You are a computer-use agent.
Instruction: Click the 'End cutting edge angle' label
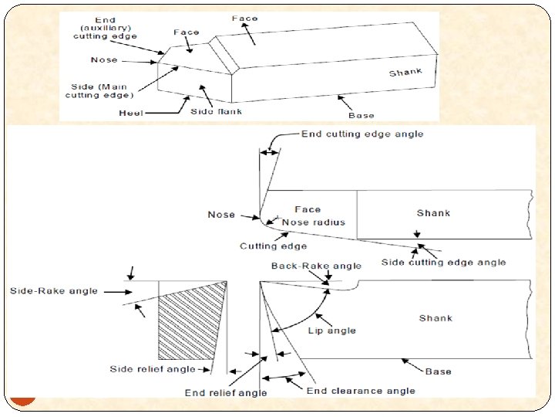[x=362, y=134]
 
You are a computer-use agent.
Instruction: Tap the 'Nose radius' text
[x=314, y=222]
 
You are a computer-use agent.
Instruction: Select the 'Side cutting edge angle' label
[x=444, y=263]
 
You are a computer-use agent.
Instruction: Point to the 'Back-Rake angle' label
[x=316, y=266]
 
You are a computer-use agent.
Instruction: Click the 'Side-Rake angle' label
[x=54, y=291]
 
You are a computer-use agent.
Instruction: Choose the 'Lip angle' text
[x=331, y=331]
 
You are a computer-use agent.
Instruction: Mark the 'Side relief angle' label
[x=153, y=369]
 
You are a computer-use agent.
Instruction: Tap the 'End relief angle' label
[x=226, y=393]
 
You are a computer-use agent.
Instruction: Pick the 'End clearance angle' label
[x=361, y=391]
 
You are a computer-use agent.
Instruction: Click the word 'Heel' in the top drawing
[x=131, y=113]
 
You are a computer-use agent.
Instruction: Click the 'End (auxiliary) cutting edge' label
[x=104, y=27]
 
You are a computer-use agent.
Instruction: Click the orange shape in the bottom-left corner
[x=24, y=399]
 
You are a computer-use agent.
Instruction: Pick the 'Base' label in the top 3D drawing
[x=362, y=116]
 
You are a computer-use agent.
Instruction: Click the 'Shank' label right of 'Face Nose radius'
[x=433, y=213]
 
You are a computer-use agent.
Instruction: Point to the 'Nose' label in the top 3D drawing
[x=104, y=59]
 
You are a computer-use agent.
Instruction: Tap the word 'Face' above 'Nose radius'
[x=308, y=209]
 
